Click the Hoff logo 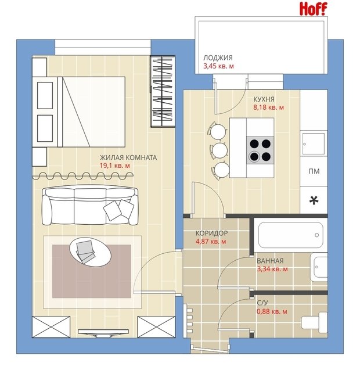click(x=314, y=9)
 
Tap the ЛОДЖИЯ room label click(x=218, y=58)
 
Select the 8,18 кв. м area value click(x=268, y=107)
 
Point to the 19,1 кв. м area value click(x=114, y=166)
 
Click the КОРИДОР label click(x=211, y=233)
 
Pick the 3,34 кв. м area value click(x=272, y=269)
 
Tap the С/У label click(x=262, y=303)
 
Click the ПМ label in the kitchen click(x=314, y=171)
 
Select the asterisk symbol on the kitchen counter click(x=314, y=200)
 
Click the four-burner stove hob click(x=261, y=150)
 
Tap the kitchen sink click(x=314, y=143)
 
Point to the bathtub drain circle click(x=317, y=235)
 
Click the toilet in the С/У click(x=314, y=321)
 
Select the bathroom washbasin click(x=319, y=267)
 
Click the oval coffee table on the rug click(x=91, y=252)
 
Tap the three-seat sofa click(x=90, y=205)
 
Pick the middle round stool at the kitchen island click(x=220, y=150)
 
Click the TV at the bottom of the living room click(x=103, y=333)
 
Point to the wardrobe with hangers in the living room click(x=163, y=91)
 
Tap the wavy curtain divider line click(x=82, y=175)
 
